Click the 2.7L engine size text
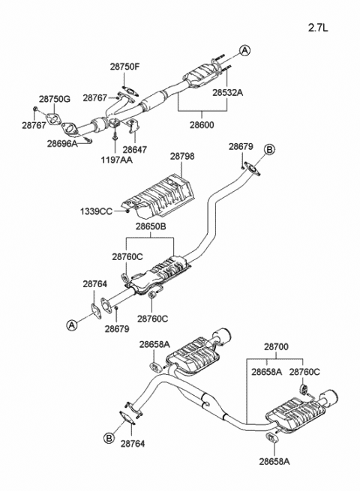point(319,28)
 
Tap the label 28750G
point(54,98)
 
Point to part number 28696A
point(62,142)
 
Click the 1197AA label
point(115,160)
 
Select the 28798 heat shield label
point(182,156)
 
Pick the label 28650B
point(151,226)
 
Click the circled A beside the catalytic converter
point(244,51)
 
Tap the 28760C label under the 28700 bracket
point(304,371)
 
